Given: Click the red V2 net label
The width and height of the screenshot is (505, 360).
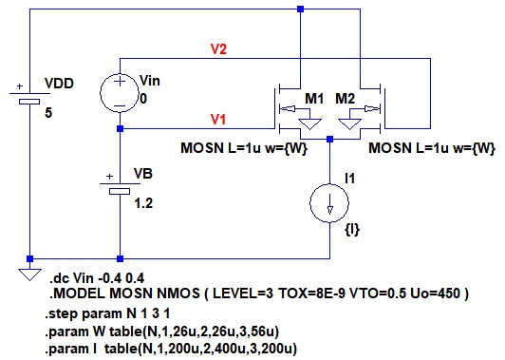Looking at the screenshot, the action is (218, 49).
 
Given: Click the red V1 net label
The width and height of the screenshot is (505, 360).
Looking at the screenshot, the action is (218, 120).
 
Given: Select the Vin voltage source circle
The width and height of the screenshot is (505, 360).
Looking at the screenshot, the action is (120, 93).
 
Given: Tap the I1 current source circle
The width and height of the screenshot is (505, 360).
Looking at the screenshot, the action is (329, 203).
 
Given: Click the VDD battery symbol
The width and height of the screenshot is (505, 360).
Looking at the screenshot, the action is (29, 97).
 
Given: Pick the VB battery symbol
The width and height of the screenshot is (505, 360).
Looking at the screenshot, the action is (120, 187).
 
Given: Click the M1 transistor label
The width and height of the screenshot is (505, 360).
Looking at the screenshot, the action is (314, 98).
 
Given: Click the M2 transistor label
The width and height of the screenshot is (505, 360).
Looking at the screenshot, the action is (345, 98).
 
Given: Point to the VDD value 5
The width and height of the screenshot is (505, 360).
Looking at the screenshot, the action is (48, 113).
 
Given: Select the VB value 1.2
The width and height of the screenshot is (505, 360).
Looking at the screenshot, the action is (143, 203).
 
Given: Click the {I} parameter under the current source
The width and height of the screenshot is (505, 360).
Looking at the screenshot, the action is (352, 230).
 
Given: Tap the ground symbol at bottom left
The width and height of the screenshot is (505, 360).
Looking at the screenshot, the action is (29, 275).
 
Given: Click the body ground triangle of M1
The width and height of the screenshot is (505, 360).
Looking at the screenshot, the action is (309, 124).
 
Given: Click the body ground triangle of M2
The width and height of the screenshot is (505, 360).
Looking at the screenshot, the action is (349, 124).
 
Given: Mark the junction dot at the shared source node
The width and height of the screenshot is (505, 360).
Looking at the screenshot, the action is (329, 140).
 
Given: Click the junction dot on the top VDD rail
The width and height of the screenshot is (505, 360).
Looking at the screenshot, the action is (301, 9).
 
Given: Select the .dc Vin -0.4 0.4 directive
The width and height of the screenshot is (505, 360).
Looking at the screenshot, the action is (97, 278).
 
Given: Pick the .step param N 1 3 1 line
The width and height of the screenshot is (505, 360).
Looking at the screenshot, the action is (107, 313).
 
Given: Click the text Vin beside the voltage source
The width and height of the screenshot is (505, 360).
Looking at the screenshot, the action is (150, 81).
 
